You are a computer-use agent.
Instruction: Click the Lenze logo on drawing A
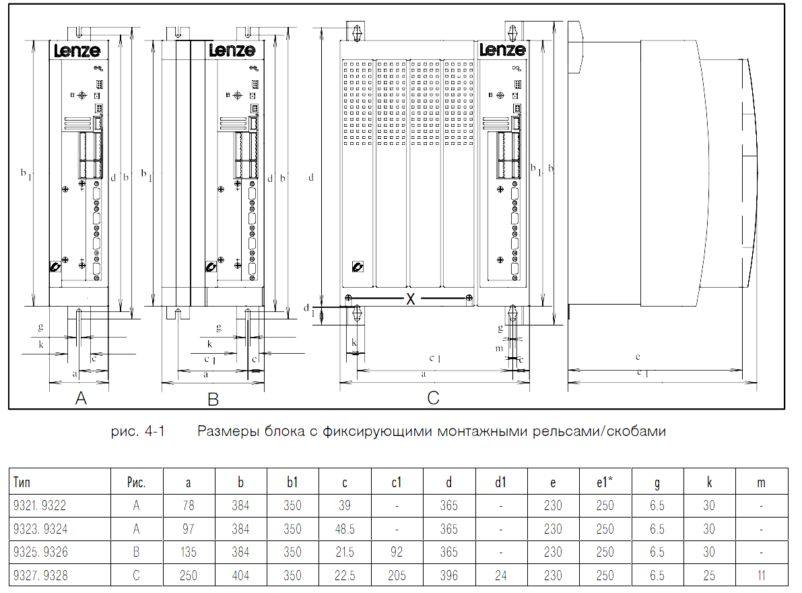(77, 50)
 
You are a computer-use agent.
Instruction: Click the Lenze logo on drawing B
(232, 50)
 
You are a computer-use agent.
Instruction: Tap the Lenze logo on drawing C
(502, 50)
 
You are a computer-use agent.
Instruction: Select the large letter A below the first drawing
(81, 398)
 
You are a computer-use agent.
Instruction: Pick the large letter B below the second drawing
(213, 398)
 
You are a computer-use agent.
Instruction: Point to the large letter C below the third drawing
(433, 398)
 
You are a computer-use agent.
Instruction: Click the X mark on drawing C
(410, 299)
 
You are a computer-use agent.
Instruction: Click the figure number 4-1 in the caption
(154, 431)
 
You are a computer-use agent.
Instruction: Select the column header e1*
(605, 482)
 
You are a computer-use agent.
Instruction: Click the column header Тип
(22, 482)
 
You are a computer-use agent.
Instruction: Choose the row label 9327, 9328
(40, 575)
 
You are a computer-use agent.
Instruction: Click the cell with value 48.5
(345, 528)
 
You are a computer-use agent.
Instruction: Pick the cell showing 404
(240, 575)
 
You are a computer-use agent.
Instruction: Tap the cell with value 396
(448, 575)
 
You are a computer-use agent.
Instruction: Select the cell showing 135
(189, 552)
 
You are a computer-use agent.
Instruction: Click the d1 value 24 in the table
(501, 575)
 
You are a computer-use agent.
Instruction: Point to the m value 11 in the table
(761, 575)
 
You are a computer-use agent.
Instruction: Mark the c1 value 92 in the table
(397, 552)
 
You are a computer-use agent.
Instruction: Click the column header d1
(501, 482)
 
